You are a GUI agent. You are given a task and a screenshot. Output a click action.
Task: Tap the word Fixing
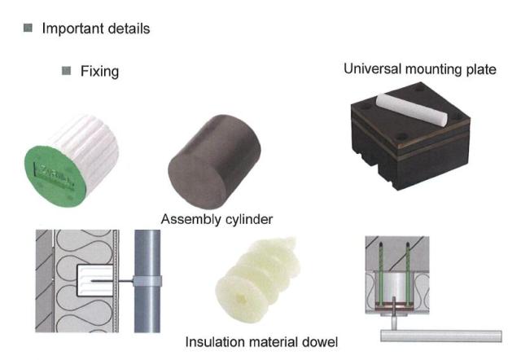coord(99,72)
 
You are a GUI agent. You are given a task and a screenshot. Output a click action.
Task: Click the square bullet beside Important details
coord(28,28)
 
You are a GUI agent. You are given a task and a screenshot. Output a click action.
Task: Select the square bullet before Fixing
coord(67,71)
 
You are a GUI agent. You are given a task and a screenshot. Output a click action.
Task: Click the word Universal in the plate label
coord(373,68)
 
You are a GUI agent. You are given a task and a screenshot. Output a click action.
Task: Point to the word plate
coord(481,69)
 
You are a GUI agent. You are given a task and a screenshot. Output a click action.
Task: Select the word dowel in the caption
coord(319,342)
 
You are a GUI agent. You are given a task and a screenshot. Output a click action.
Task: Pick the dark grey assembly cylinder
coord(214,161)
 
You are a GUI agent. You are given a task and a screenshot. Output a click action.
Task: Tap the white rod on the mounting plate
coord(412,110)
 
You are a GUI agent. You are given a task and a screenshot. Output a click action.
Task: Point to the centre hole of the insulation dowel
coord(240,298)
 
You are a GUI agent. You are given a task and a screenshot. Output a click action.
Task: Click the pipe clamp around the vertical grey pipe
coord(147,281)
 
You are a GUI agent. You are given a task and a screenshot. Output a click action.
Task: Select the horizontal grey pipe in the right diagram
coord(441,336)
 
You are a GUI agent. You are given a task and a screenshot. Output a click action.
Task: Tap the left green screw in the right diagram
coord(380,273)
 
